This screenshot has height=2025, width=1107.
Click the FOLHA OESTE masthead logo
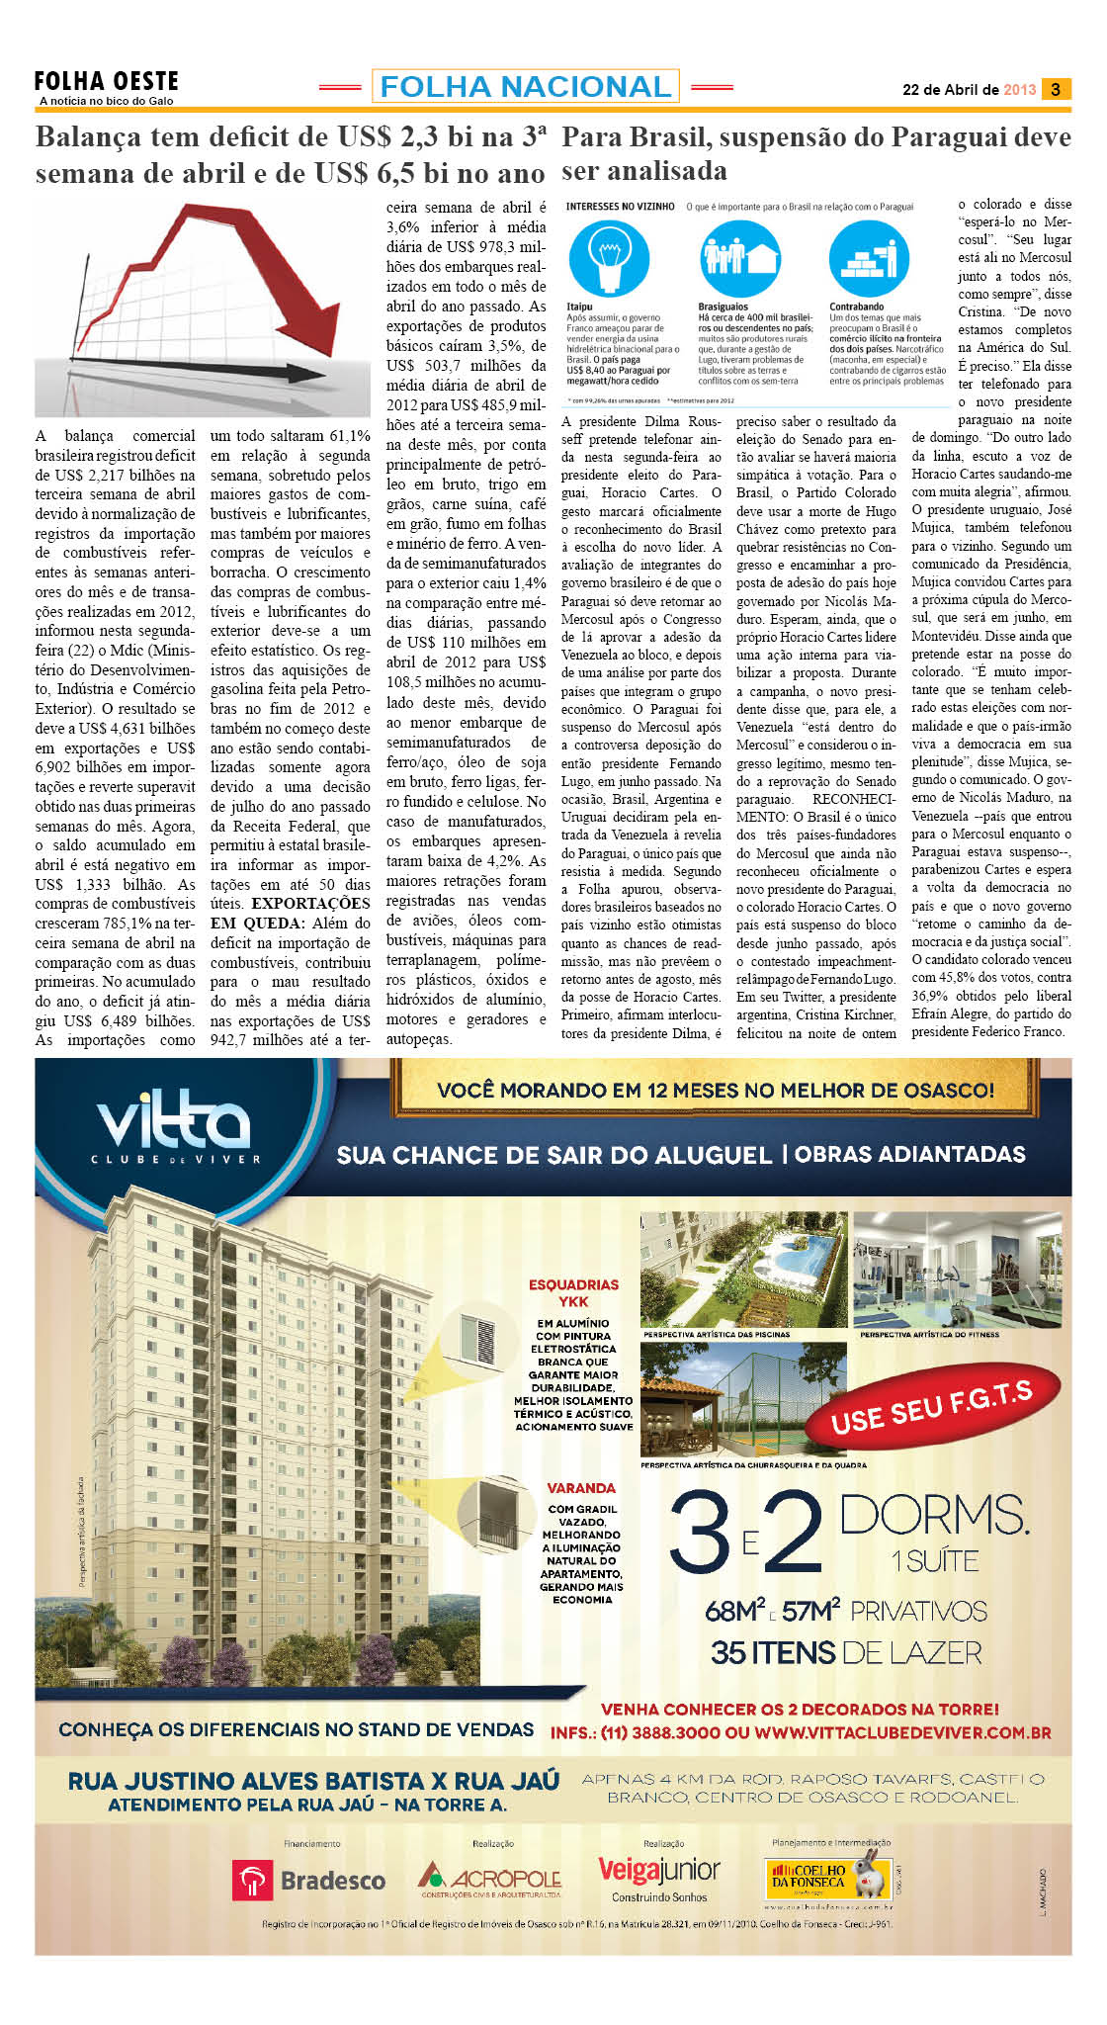coord(107,82)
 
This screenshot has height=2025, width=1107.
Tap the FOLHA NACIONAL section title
coord(525,87)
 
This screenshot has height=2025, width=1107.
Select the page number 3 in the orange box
coord(1056,89)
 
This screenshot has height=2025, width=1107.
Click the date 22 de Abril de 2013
coord(969,89)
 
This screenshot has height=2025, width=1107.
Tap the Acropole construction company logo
coord(489,1878)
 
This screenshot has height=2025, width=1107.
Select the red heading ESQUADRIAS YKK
coord(573,1292)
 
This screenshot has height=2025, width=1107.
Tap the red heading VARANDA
coord(581,1488)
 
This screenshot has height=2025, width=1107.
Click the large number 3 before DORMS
coord(700,1534)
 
